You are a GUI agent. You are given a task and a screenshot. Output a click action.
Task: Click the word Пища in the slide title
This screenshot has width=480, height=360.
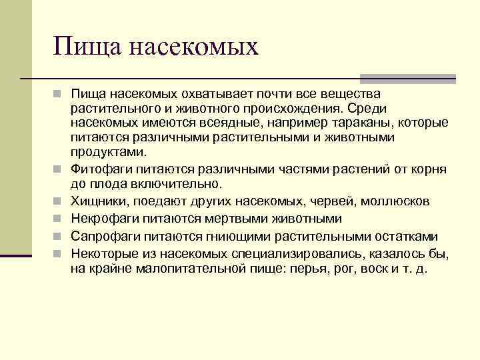point(86,47)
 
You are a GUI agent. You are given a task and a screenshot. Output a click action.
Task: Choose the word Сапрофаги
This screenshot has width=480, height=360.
point(103,236)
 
